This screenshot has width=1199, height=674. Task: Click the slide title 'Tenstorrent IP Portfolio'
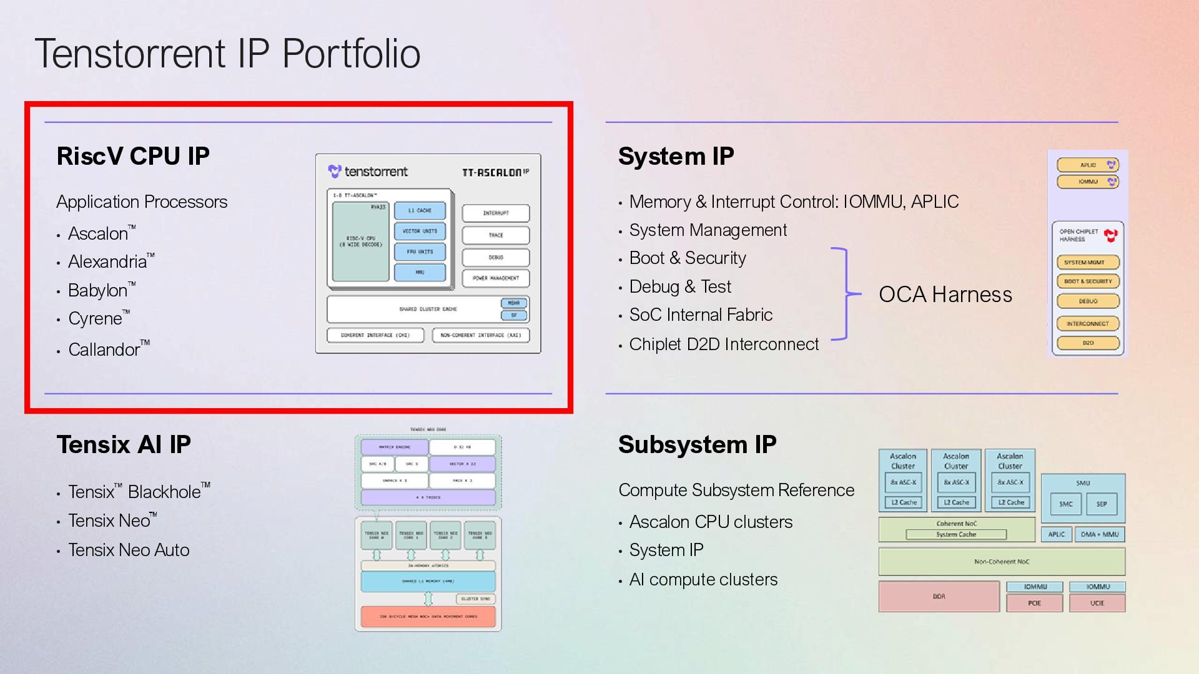point(227,54)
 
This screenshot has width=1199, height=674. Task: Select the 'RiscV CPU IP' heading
point(133,156)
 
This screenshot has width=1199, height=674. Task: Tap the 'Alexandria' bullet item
point(107,261)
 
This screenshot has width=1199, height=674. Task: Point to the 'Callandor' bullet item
point(104,349)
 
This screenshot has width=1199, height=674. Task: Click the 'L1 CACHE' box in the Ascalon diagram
point(420,211)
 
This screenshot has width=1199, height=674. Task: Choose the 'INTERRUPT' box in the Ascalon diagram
point(496,213)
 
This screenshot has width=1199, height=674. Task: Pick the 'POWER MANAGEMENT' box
point(496,278)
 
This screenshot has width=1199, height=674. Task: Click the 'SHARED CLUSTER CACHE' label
point(428,309)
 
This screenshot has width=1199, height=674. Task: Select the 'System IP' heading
point(676,156)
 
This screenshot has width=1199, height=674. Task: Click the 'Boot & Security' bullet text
point(688,258)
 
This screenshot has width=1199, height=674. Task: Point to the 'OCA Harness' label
point(945,295)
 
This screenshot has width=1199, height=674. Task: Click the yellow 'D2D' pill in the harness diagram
point(1088,343)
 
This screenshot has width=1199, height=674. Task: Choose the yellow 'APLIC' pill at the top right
point(1088,165)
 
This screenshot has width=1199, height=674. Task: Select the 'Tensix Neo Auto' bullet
point(129,550)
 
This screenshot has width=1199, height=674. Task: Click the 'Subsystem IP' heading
point(697,445)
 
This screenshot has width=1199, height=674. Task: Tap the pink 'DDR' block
point(939,597)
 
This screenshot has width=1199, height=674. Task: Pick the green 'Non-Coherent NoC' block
point(1002,562)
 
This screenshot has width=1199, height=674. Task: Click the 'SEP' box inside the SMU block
point(1102,504)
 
